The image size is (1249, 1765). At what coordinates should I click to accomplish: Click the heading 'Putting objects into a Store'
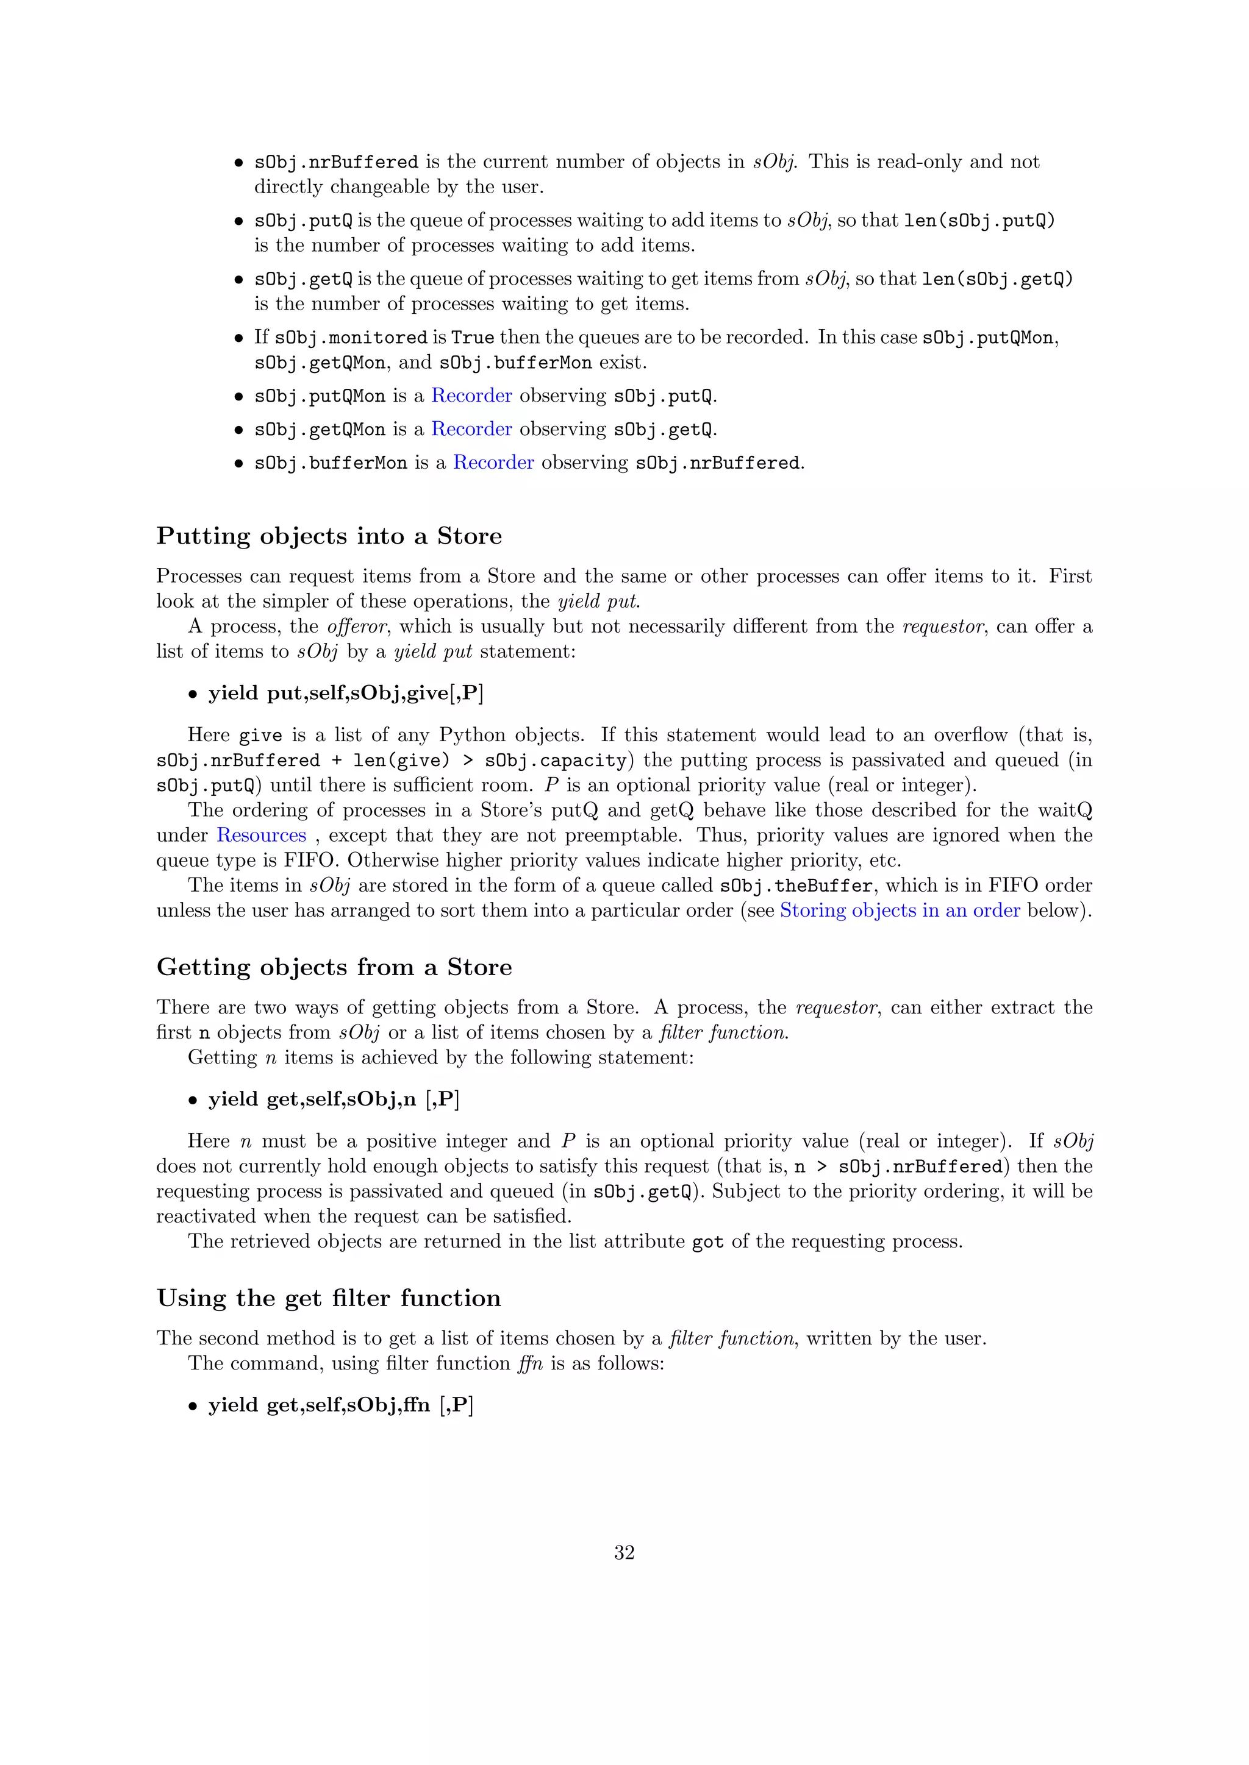click(x=329, y=536)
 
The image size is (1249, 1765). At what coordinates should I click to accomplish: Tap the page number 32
click(x=624, y=1552)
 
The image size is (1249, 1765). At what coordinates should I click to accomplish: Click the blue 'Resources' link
click(x=262, y=835)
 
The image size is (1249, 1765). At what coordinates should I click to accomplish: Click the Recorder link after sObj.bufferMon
click(x=493, y=462)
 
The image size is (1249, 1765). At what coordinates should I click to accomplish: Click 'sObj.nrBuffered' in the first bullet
click(x=336, y=162)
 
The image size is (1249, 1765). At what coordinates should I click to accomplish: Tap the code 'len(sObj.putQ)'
click(x=979, y=221)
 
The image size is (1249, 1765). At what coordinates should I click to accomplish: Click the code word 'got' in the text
click(x=707, y=1241)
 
